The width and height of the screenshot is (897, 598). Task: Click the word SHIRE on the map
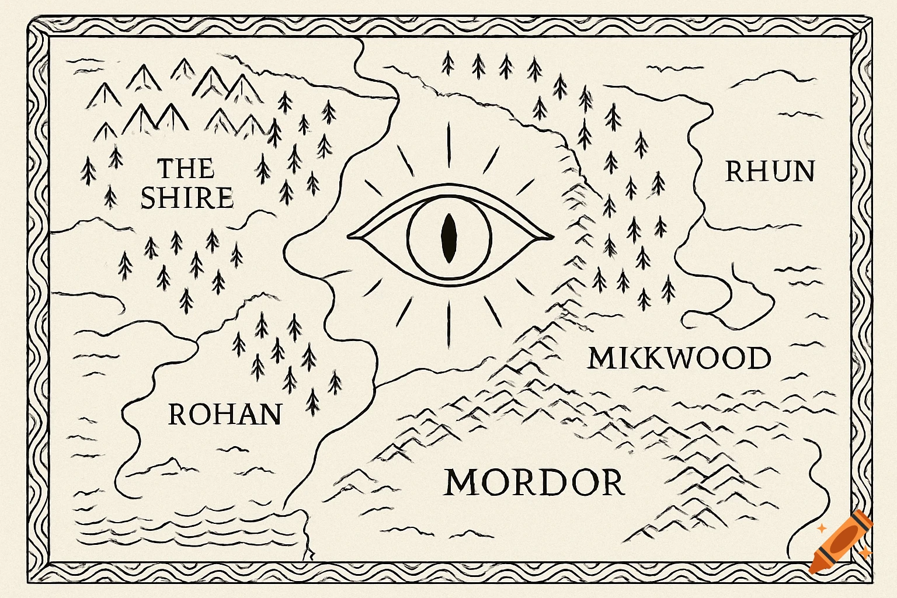click(x=187, y=198)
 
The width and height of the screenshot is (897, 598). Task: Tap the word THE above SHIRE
click(x=186, y=169)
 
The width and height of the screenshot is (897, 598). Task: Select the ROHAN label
click(x=225, y=415)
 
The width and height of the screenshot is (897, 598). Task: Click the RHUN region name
click(x=770, y=172)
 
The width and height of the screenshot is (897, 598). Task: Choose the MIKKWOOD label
click(x=679, y=358)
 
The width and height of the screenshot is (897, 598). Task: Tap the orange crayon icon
click(x=841, y=542)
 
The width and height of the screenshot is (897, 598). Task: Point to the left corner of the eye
click(x=349, y=237)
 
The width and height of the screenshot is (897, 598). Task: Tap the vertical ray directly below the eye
click(x=449, y=323)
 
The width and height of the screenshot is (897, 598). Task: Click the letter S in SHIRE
click(x=149, y=198)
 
